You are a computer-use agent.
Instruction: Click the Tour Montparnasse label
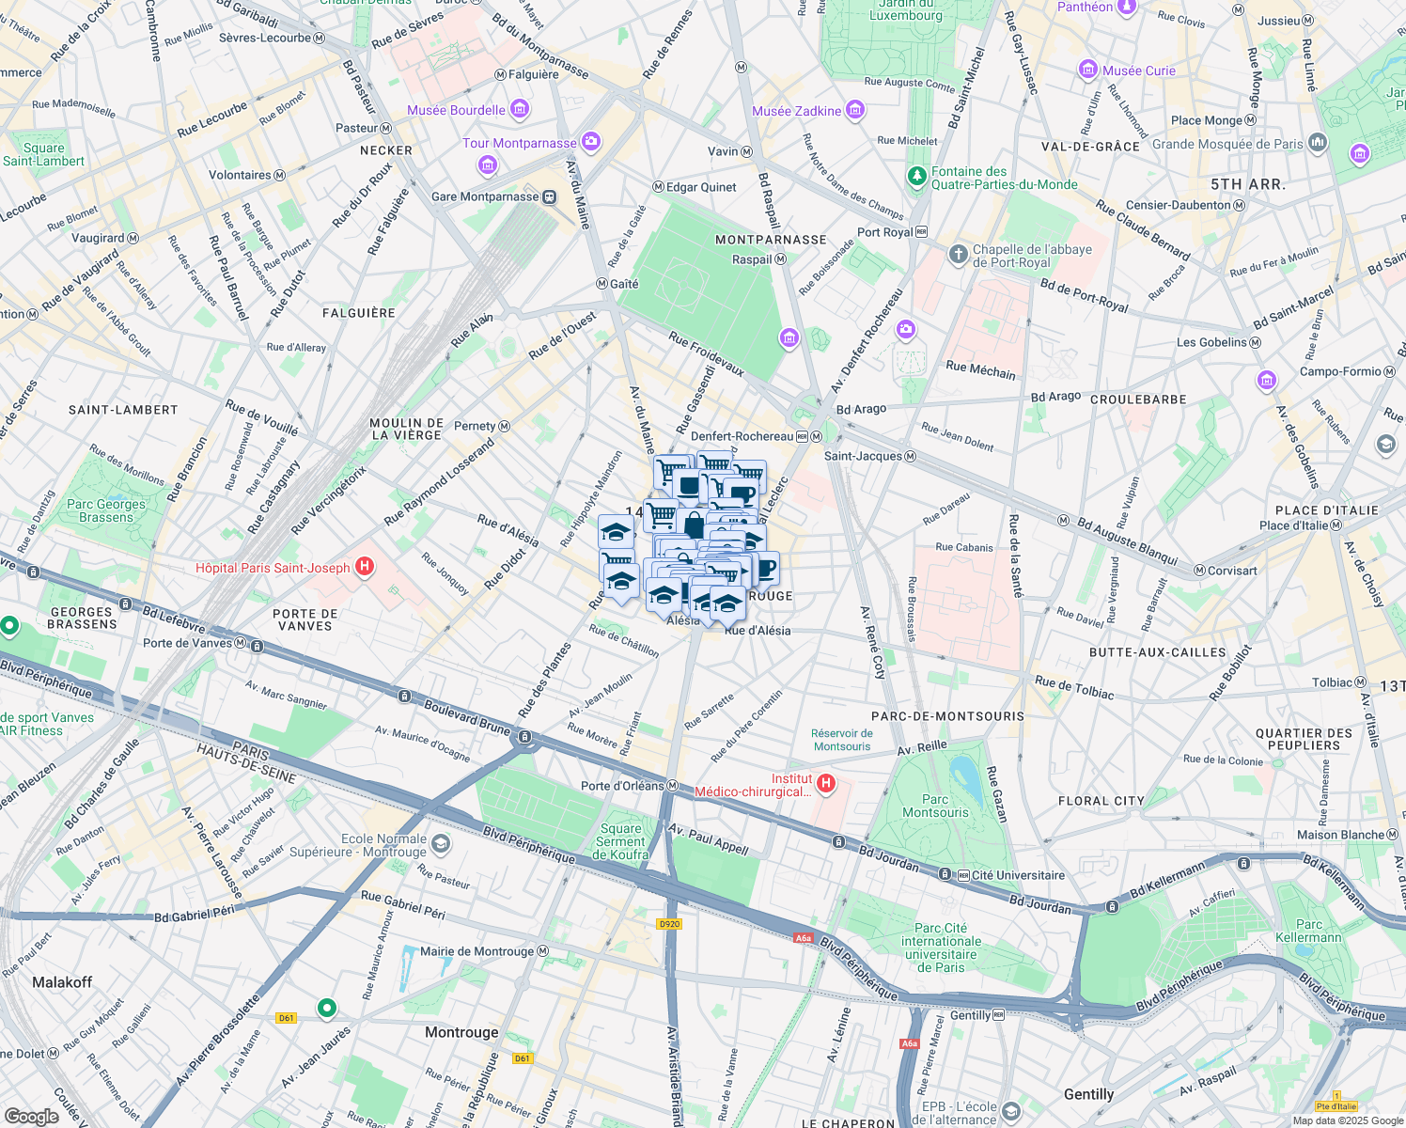click(x=519, y=143)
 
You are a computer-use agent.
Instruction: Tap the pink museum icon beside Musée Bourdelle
click(x=519, y=110)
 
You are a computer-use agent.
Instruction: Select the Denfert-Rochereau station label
click(x=742, y=436)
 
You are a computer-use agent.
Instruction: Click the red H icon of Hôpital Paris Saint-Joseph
click(x=366, y=567)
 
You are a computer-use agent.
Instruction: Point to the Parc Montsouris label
click(x=934, y=806)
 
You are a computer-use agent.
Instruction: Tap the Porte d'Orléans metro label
click(x=622, y=786)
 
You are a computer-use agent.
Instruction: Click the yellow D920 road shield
click(x=668, y=924)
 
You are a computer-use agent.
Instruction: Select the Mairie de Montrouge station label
click(x=476, y=951)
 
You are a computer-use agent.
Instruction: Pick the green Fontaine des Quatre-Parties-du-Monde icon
click(x=916, y=176)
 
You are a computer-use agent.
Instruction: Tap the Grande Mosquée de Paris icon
click(x=1317, y=143)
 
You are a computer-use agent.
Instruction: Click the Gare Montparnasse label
click(x=485, y=196)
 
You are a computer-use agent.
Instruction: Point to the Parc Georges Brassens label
click(x=106, y=510)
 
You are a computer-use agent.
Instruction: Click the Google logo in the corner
click(x=31, y=1116)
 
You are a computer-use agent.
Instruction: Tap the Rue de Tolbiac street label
click(x=1073, y=687)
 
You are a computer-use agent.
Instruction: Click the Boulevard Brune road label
click(x=466, y=716)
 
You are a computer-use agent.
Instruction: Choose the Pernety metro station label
click(x=475, y=426)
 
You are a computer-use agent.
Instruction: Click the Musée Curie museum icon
click(x=1088, y=70)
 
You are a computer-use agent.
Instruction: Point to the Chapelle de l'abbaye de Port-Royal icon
click(x=958, y=254)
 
